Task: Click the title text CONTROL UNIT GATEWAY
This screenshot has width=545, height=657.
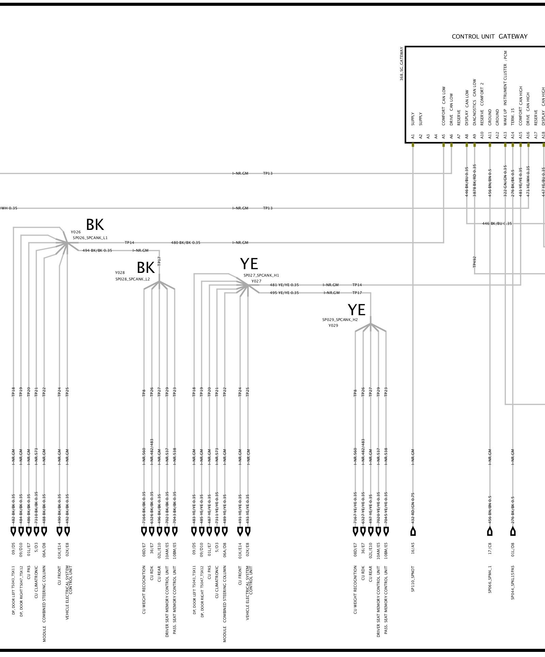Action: click(x=489, y=36)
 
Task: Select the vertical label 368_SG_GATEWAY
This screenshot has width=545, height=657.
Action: click(x=402, y=64)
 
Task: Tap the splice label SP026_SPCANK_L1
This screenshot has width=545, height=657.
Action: click(x=90, y=238)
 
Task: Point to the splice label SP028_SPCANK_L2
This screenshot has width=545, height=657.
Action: click(x=133, y=279)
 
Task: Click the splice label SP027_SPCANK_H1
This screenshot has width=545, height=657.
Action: click(x=261, y=275)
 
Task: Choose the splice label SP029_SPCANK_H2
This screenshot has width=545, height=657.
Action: click(x=340, y=320)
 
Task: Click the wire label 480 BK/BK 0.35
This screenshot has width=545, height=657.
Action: click(x=185, y=243)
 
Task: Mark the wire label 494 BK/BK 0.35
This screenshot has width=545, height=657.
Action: click(x=97, y=251)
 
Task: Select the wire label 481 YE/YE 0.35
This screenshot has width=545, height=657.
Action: click(x=284, y=285)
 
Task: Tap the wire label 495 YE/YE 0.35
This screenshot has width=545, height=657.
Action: click(x=284, y=293)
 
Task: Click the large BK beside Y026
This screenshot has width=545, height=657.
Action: click(x=95, y=225)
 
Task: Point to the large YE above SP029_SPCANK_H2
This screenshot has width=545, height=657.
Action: click(x=357, y=310)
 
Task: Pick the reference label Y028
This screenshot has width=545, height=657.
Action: click(x=120, y=273)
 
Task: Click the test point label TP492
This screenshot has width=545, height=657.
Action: click(x=474, y=262)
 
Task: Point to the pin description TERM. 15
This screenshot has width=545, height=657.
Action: click(x=513, y=117)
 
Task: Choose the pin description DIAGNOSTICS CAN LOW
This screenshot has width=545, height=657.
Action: click(x=474, y=102)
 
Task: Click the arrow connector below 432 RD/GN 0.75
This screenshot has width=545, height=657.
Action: click(x=413, y=532)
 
